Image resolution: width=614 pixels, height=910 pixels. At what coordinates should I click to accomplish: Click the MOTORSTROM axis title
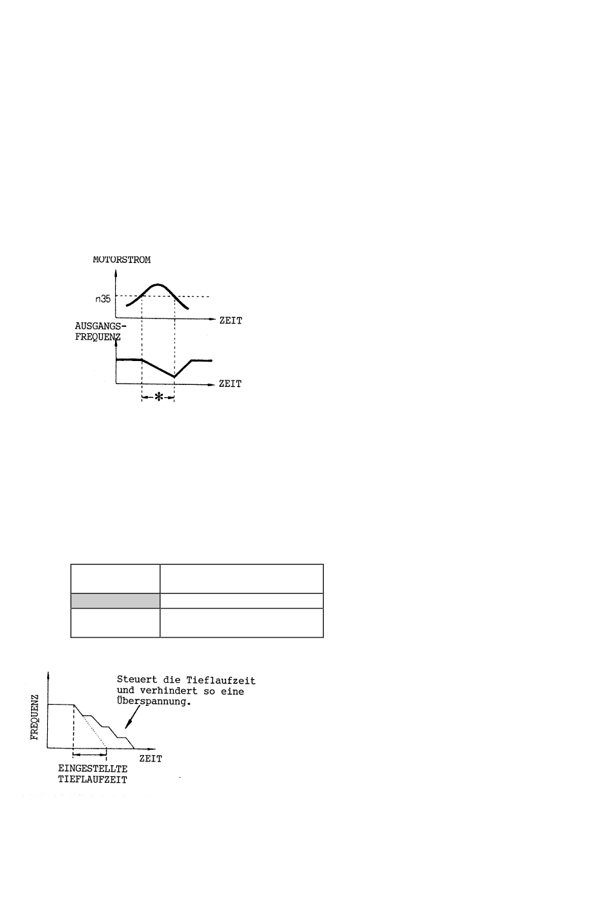point(122,260)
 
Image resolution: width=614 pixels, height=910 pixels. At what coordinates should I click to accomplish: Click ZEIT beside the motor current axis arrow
point(231,320)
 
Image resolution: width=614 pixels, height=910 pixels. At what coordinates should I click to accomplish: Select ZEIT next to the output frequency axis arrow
point(231,384)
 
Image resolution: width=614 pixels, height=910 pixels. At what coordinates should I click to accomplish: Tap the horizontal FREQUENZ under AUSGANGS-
point(98,337)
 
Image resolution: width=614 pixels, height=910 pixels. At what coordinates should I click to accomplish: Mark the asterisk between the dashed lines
point(158,397)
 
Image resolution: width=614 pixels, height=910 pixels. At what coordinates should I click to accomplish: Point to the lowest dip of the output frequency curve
point(174,377)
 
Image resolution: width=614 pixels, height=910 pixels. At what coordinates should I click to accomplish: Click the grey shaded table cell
point(115,601)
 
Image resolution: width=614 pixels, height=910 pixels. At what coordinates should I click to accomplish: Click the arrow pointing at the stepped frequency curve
point(132,718)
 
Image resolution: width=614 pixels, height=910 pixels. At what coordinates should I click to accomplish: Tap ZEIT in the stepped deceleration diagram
point(151,758)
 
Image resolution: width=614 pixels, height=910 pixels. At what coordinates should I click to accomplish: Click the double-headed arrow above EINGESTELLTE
point(90,754)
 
